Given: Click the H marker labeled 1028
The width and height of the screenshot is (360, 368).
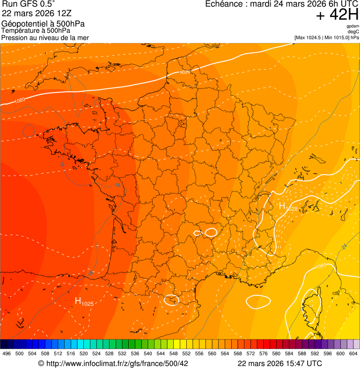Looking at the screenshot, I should coord(283,206).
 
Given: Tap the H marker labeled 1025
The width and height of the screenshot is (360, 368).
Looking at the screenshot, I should coord(78,301).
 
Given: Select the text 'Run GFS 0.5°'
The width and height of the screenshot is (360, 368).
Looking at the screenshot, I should coord(29,5).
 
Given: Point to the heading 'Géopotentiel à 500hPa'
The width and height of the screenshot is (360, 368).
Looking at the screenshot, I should coord(43,24).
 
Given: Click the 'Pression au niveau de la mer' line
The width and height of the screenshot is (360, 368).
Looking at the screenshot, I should coord(45,37).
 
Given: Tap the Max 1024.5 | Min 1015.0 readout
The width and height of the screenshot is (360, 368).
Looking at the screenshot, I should coord(327,37).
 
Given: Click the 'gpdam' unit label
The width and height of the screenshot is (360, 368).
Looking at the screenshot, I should coord(353,26).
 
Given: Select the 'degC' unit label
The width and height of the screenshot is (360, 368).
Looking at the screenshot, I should coord(353,32).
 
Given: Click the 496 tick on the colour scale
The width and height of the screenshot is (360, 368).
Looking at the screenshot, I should coord(7,353).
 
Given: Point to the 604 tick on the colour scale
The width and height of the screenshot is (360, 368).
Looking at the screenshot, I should coord(353,353).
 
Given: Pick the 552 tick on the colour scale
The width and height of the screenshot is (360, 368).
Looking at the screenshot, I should coord(186,353).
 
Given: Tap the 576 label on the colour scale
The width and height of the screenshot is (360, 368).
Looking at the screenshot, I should coord(264,353).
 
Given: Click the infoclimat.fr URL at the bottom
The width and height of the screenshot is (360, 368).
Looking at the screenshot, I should coord(113,363).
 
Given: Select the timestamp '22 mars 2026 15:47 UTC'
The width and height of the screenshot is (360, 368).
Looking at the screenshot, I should coord(279,363).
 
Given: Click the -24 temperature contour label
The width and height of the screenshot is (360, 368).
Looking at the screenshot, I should coord(344,247).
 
